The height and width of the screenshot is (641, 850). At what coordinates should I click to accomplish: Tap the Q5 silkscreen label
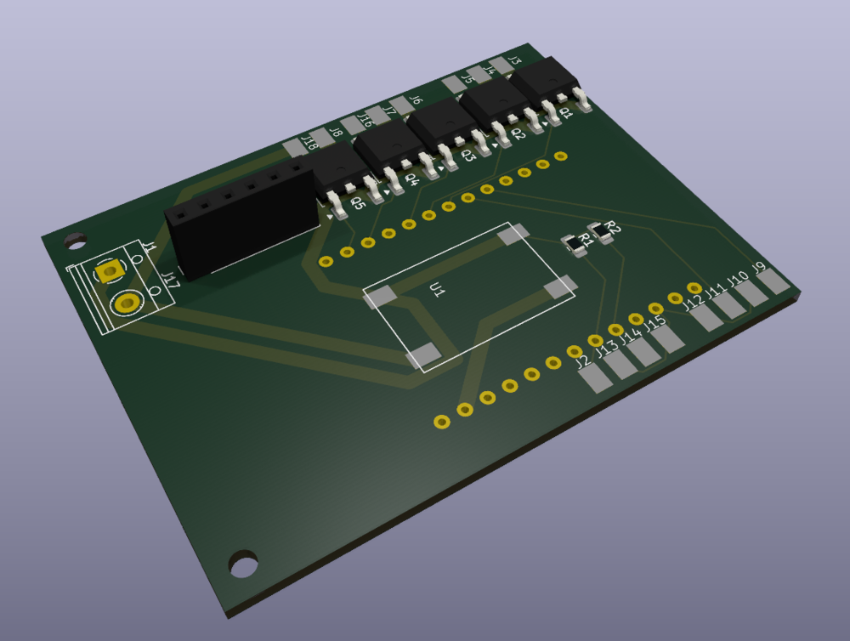pos(358,202)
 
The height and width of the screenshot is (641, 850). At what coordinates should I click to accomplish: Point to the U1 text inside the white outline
pos(438,292)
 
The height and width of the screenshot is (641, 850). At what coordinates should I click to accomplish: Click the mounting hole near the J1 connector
pos(72,241)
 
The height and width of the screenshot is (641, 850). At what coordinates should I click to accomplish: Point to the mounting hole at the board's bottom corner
pos(243,563)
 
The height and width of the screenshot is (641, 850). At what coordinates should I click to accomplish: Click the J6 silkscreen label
pos(416,100)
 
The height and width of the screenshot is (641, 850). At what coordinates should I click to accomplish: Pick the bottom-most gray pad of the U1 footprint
pos(424,356)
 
